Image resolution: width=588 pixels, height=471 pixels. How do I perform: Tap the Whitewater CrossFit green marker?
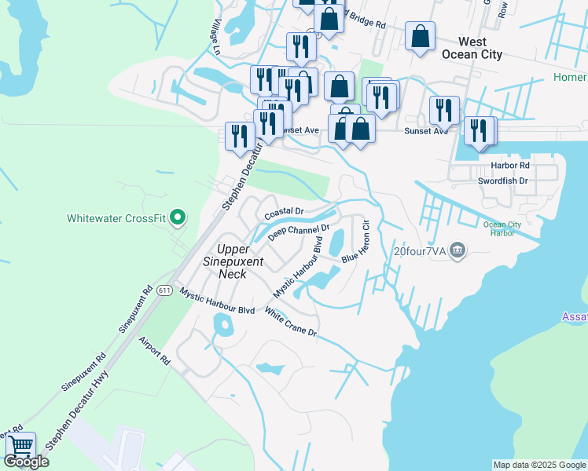coord(178,218)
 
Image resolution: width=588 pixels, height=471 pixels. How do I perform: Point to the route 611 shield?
coord(164,290)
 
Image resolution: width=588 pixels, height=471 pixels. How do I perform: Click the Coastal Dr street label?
coord(284,213)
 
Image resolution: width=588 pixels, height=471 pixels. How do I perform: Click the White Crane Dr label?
coord(290,323)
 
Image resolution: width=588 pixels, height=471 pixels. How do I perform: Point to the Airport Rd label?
coord(154,351)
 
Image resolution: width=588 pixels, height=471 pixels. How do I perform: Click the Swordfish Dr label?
coord(506,181)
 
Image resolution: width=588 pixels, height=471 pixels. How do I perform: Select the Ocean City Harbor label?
coord(502,229)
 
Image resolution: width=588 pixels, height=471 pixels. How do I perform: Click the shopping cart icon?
coord(20,446)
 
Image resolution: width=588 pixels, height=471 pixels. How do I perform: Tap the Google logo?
coord(26,462)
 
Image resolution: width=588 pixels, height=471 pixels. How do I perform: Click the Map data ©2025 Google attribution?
coord(539,465)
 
